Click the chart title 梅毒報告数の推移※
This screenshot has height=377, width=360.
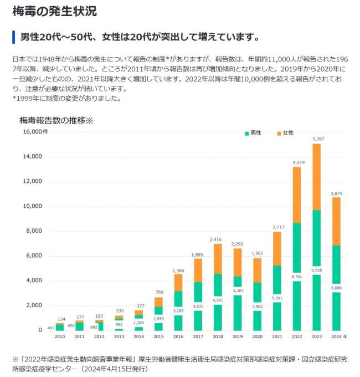pyautogui.click(x=56, y=120)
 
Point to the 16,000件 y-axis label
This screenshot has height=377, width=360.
pyautogui.click(x=35, y=132)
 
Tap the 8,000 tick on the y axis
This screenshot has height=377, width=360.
pyautogui.click(x=33, y=231)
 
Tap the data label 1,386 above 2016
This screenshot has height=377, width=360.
pyautogui.click(x=177, y=270)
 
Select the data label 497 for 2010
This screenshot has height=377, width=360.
pyautogui.click(x=50, y=328)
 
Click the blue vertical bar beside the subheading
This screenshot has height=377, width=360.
pyautogui.click(x=13, y=38)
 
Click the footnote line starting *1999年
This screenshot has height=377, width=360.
pyautogui.click(x=66, y=99)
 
